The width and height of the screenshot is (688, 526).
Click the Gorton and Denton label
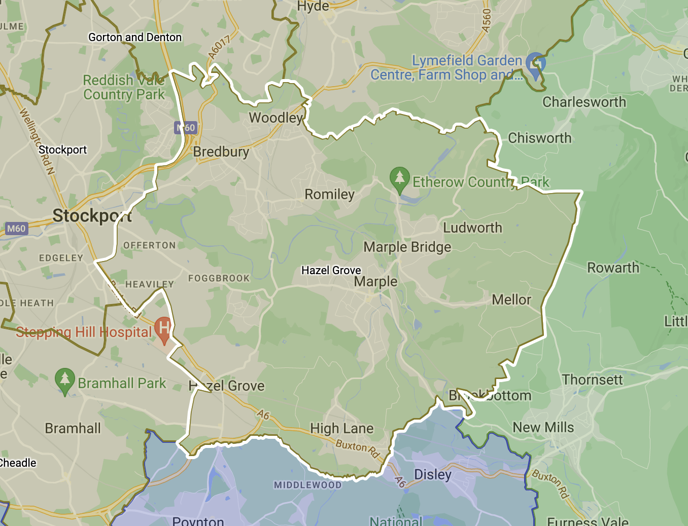click(x=135, y=37)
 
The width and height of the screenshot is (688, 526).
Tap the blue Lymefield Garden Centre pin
click(x=535, y=64)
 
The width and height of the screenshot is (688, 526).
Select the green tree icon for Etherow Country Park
click(x=399, y=179)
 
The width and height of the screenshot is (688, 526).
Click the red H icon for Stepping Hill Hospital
click(x=164, y=329)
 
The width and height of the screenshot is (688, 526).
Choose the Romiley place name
click(x=329, y=195)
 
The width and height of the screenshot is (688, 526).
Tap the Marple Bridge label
click(x=407, y=247)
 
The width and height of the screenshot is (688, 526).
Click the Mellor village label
click(x=511, y=300)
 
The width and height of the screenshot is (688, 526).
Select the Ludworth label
click(x=472, y=228)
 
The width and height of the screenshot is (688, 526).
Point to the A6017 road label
click(x=219, y=47)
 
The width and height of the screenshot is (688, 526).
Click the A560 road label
click(x=487, y=21)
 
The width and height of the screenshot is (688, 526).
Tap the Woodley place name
click(x=276, y=118)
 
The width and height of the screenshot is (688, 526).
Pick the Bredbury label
click(x=221, y=152)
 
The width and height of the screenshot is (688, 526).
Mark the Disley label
click(x=433, y=475)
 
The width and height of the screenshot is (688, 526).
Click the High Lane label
click(x=341, y=429)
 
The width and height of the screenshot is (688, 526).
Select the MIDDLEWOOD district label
click(x=307, y=485)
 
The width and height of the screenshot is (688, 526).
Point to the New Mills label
click(x=543, y=428)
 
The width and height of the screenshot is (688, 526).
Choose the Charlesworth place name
click(x=584, y=102)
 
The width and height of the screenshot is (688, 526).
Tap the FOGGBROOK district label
click(x=219, y=278)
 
